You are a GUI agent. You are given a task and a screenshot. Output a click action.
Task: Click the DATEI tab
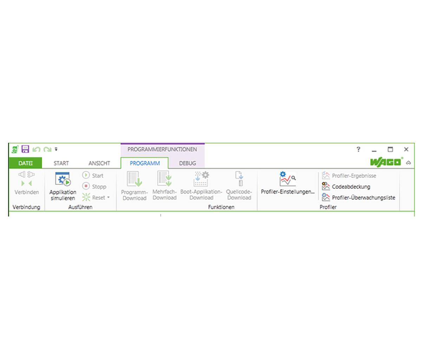[25, 163]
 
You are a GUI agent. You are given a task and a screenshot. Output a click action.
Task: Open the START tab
[61, 163]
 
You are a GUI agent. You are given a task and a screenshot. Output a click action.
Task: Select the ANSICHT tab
[99, 163]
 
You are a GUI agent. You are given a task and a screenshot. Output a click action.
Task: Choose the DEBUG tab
[187, 163]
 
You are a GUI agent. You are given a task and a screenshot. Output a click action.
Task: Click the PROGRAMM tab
[145, 163]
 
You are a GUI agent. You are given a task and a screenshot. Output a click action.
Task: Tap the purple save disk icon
[25, 149]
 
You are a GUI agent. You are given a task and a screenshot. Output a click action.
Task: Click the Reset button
[96, 198]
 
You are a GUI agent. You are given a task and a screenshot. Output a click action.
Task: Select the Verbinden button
[27, 184]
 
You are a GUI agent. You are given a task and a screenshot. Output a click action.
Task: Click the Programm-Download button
[134, 186]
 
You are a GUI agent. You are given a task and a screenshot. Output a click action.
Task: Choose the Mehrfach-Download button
[164, 186]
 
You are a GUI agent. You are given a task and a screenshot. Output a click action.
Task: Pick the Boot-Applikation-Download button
[201, 186]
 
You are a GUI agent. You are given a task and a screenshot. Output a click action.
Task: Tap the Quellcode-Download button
[239, 186]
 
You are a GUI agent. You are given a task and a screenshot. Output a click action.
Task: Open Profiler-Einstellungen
[288, 183]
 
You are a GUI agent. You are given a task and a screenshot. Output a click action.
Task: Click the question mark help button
[358, 149]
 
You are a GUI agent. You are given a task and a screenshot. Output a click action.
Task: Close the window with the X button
[406, 149]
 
